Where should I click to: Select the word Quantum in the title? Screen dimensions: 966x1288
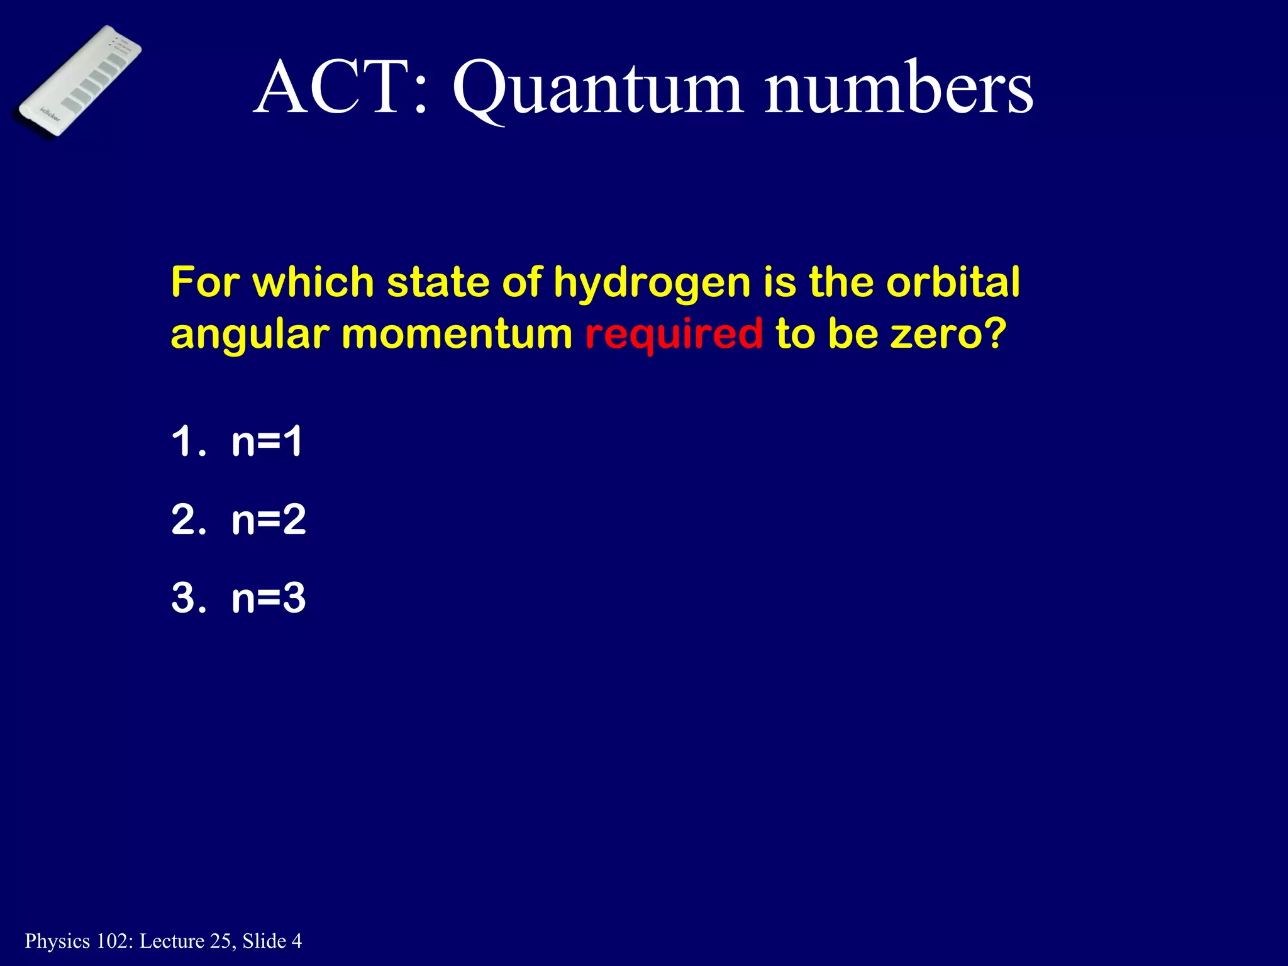pos(597,89)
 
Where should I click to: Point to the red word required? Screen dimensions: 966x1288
pos(674,334)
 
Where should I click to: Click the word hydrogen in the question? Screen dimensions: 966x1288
pos(652,282)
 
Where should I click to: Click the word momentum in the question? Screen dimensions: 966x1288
pos(457,334)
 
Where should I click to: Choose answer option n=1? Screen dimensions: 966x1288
pos(267,441)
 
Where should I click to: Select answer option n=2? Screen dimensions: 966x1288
pos(269,520)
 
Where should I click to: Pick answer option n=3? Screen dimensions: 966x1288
pos(269,598)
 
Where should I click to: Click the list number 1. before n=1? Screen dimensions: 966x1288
pos(188,441)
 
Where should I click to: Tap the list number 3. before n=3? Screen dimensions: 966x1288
pos(188,598)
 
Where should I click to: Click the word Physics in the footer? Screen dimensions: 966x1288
pos(57,941)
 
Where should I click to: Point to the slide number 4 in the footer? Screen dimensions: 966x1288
pos(296,941)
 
